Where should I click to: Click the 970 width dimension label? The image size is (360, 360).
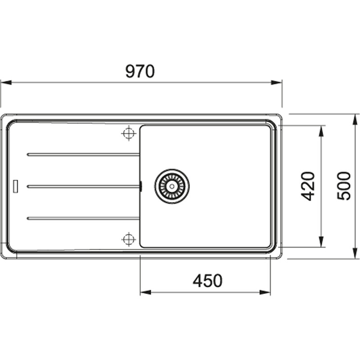pos(140,72)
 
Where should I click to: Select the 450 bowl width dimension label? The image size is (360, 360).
pos(207,281)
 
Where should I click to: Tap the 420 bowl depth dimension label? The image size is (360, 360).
pos(308,186)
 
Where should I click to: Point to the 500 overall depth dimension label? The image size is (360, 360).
pos(344,186)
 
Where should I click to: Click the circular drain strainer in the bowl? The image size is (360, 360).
pos(172,186)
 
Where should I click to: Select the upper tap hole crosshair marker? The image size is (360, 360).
pos(129,133)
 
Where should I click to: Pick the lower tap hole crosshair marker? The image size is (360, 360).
pos(129,239)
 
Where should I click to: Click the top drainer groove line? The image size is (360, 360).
pos(83,154)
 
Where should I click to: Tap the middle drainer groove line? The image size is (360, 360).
pos(83,186)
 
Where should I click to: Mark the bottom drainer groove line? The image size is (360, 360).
pos(83,218)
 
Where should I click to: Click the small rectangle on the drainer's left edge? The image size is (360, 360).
pos(16,186)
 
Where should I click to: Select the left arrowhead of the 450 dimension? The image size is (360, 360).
pos(145,292)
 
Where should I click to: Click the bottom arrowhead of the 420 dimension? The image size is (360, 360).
pos(321,243)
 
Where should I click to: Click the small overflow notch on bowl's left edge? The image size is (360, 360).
pos(141,186)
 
